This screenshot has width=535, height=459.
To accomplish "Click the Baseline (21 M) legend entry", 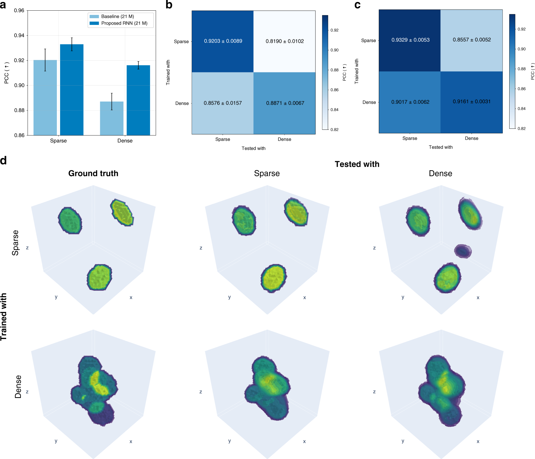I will (x=117, y=17).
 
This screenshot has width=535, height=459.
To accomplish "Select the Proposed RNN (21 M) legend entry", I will (x=124, y=23).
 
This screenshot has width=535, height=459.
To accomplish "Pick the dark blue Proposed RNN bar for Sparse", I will (x=72, y=90).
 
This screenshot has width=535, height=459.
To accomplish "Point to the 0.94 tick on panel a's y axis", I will (x=19, y=36).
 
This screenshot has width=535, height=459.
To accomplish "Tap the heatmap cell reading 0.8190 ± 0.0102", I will (x=285, y=41).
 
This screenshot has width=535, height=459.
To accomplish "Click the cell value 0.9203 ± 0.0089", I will (x=223, y=41).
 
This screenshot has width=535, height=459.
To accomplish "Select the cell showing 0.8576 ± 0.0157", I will (x=223, y=103).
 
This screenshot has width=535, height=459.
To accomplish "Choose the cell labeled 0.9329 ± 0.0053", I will (x=410, y=40).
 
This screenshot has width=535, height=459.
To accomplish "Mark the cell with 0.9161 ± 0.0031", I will (x=471, y=102).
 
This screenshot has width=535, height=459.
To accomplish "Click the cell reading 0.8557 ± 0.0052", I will (x=471, y=40).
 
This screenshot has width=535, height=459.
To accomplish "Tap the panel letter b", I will (x=169, y=5).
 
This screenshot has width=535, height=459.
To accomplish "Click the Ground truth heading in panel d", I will (x=93, y=173).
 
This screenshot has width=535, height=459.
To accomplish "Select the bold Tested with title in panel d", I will (x=357, y=164).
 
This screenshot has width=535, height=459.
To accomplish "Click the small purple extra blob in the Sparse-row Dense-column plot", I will (x=463, y=251).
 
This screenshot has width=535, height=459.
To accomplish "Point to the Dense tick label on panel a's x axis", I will (x=125, y=141).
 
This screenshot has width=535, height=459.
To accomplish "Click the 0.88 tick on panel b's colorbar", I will (x=334, y=70).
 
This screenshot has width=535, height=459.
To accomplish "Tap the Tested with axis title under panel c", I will (x=440, y=147).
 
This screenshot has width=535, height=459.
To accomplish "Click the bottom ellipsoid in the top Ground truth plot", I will (x=99, y=277).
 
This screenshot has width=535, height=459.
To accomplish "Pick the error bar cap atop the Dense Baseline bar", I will (x=112, y=93).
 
